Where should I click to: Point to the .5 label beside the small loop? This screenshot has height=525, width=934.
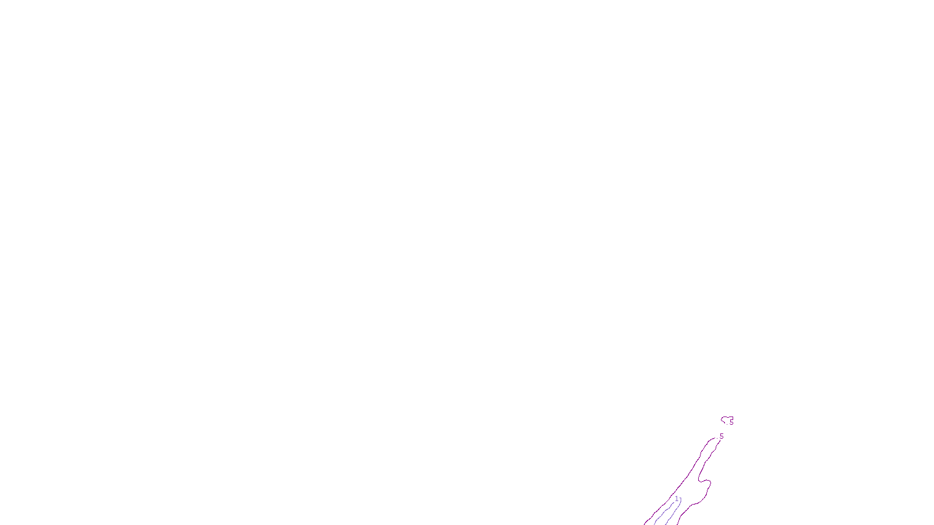point(730,422)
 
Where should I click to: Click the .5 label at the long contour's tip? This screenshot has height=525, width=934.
point(721,436)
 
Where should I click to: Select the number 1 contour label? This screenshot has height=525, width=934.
point(677,499)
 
